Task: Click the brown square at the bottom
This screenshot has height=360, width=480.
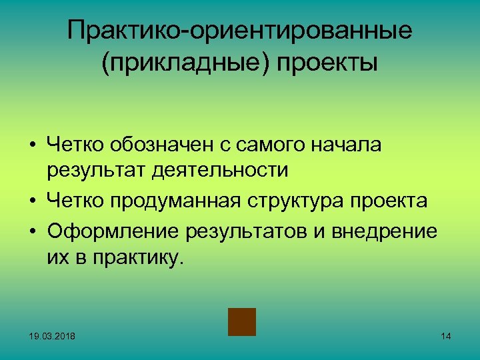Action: [x=242, y=321]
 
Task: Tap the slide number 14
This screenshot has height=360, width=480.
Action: [x=446, y=336]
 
